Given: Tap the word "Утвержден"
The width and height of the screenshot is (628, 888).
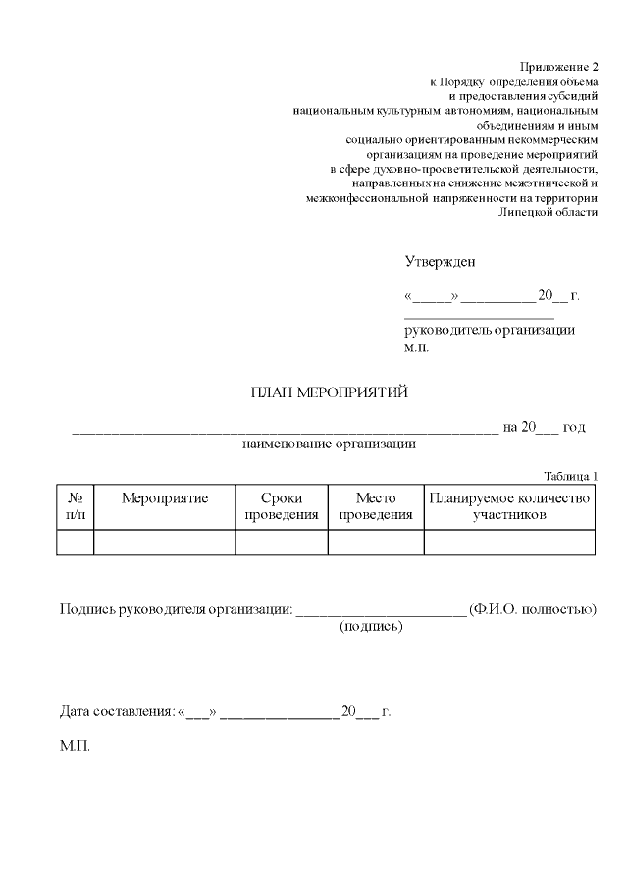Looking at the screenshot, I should (x=440, y=262).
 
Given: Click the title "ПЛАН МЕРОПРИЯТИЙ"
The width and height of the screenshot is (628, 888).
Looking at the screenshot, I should (x=329, y=393).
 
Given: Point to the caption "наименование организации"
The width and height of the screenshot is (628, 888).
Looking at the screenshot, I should (x=329, y=444).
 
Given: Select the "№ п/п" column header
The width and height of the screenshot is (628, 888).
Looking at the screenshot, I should (x=75, y=506).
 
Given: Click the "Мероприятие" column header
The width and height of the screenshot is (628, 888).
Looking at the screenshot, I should (x=165, y=498).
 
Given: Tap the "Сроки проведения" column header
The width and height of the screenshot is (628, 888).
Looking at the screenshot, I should (x=282, y=506).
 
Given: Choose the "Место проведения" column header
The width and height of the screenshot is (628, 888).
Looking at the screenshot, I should (x=375, y=506).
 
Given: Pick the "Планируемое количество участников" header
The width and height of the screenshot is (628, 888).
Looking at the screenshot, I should (x=509, y=506).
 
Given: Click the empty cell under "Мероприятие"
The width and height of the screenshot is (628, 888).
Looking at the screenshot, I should (x=165, y=543).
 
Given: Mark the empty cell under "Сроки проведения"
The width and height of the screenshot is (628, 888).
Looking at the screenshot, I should (x=282, y=543).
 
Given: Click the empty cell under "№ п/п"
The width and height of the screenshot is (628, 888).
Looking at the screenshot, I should (x=75, y=543).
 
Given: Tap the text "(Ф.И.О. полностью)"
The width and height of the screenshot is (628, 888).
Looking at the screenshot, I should (x=533, y=609).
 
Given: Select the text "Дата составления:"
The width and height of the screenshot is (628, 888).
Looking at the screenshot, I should (x=117, y=711).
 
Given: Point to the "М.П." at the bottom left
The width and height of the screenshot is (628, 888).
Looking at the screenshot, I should (x=75, y=746).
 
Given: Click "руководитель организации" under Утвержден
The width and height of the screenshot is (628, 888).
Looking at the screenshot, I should (x=490, y=330).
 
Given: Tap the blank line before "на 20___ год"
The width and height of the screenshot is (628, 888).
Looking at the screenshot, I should (x=285, y=428).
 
